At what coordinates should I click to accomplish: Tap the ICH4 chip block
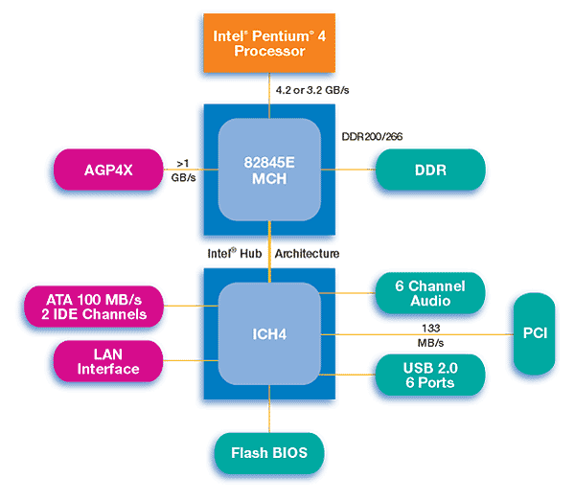[x=269, y=334]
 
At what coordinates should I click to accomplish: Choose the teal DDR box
[x=430, y=170]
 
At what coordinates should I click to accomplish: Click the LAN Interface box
[x=107, y=361]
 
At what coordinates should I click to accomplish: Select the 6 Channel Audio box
[x=430, y=293]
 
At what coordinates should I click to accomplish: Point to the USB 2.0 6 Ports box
[x=429, y=375]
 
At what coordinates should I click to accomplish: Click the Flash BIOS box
[x=269, y=452]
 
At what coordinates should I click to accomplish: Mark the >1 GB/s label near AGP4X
[x=184, y=171]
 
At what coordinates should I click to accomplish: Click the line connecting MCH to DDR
[x=356, y=170]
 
